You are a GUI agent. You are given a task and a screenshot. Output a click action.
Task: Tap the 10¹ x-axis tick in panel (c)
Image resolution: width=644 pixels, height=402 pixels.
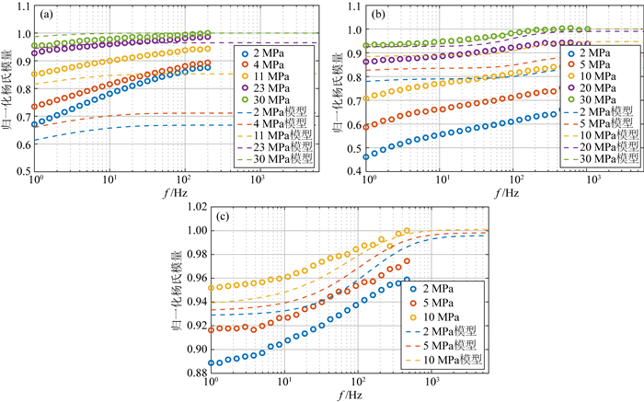pyautogui.click(x=284, y=384)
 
